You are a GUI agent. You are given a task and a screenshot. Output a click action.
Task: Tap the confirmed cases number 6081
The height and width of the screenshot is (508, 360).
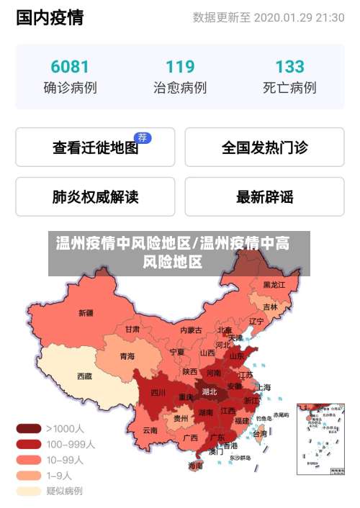[70, 67]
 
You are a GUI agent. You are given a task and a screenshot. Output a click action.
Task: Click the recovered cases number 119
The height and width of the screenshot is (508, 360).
[180, 67]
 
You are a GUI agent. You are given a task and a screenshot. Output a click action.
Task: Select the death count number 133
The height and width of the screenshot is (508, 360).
[289, 67]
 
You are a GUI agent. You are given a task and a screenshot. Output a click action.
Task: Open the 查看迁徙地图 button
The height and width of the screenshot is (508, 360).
[95, 148]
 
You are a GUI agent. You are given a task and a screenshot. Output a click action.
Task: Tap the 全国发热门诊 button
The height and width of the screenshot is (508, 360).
[264, 148]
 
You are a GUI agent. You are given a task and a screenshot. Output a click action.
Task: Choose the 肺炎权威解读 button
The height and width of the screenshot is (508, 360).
[95, 196]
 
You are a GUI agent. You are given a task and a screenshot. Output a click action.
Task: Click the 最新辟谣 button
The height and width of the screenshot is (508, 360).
[264, 196]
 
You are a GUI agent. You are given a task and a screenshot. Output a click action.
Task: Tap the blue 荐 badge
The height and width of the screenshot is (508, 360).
[143, 137]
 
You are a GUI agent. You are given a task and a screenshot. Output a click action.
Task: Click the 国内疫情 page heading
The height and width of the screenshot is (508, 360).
[50, 18]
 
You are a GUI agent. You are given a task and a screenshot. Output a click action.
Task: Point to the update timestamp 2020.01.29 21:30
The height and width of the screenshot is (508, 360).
[299, 17]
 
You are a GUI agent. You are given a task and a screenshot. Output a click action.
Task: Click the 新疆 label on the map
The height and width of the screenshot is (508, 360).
[86, 313]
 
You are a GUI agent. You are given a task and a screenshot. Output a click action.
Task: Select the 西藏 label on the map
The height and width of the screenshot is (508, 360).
[84, 376]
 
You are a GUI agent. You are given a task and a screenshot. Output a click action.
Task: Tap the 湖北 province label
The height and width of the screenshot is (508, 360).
[210, 392]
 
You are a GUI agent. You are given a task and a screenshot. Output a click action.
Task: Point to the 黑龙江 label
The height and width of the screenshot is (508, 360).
[274, 285]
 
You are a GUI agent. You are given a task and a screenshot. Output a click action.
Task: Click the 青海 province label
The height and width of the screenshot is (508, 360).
[127, 355]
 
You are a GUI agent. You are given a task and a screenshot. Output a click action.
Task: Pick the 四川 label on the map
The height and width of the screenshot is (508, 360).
[158, 392]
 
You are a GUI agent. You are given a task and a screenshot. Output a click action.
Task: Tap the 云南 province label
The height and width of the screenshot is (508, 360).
[150, 430]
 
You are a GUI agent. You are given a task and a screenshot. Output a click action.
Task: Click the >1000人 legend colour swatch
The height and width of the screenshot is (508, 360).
[29, 428]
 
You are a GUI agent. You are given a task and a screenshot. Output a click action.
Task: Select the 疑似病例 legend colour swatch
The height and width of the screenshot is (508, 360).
[29, 491]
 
